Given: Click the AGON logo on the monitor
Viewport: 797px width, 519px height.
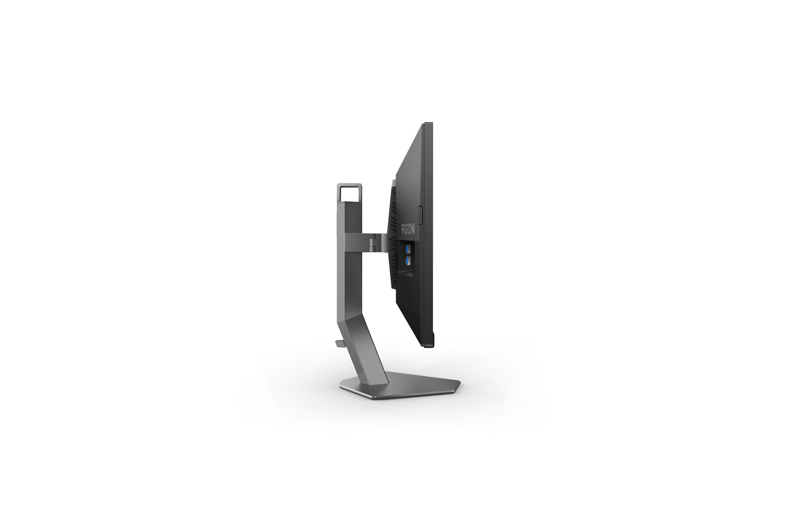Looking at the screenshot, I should (x=408, y=229).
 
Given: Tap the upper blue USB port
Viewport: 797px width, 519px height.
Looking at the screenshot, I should (x=408, y=249).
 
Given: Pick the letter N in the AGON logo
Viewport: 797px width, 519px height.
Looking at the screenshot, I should (x=412, y=230).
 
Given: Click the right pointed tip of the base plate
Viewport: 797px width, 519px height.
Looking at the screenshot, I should (x=460, y=383).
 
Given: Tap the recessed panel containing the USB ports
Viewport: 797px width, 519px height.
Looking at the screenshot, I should (x=408, y=256).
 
